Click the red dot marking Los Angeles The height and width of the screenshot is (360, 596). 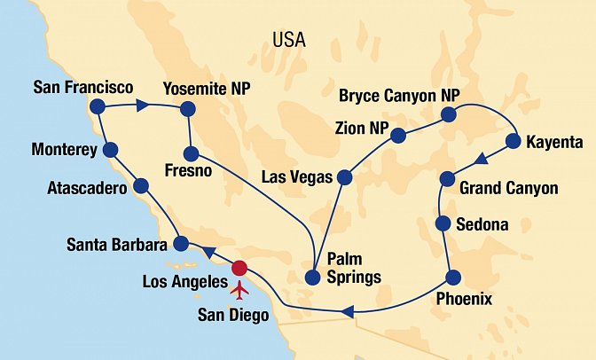click(239, 269)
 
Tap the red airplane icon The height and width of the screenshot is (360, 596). click(239, 289)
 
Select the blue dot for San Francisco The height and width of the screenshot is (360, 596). click(98, 107)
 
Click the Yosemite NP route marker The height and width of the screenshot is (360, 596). click(187, 109)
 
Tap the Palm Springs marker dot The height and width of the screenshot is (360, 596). click(311, 278)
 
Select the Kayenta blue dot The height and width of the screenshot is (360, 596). click(513, 141)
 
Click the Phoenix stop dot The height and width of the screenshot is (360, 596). click(453, 277)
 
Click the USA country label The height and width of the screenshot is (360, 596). click(289, 40)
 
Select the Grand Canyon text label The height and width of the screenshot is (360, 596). click(509, 188)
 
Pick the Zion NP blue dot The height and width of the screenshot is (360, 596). click(399, 135)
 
